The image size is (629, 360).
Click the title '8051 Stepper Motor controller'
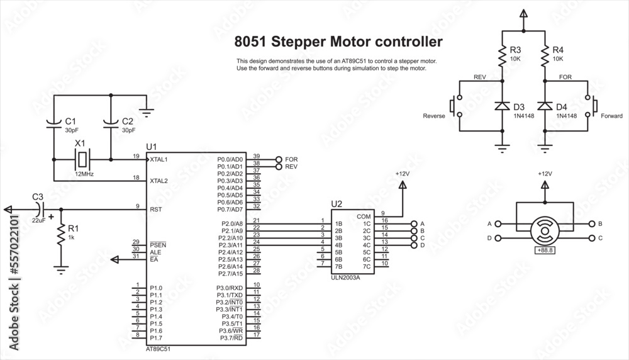pyautogui.click(x=338, y=42)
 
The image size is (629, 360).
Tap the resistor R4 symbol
pyautogui.click(x=545, y=57)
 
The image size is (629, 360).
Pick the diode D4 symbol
pyautogui.click(x=545, y=106)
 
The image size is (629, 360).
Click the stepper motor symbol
pyautogui.click(x=545, y=230)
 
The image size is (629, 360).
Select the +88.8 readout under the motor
pyautogui.click(x=545, y=250)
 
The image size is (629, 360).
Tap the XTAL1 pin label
pyautogui.click(x=159, y=160)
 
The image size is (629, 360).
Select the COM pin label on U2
pyautogui.click(x=364, y=217)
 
